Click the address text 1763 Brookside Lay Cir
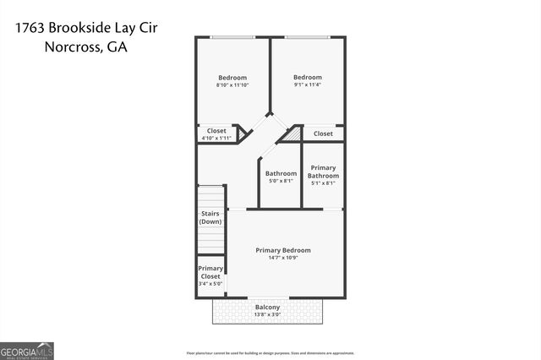[x=86, y=28]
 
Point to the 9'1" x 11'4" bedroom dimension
[x=307, y=85]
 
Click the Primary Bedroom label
[x=283, y=250]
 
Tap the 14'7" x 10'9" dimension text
[x=283, y=258]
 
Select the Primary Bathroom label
[x=323, y=172]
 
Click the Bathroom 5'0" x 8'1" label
[x=281, y=177]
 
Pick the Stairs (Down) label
[x=210, y=217]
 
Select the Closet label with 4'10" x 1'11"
[x=216, y=134]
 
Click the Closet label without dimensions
[x=323, y=134]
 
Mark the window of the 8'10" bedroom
[x=232, y=37]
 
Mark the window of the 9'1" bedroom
[x=307, y=37]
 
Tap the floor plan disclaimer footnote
[x=270, y=352]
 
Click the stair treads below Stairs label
[x=210, y=240]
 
